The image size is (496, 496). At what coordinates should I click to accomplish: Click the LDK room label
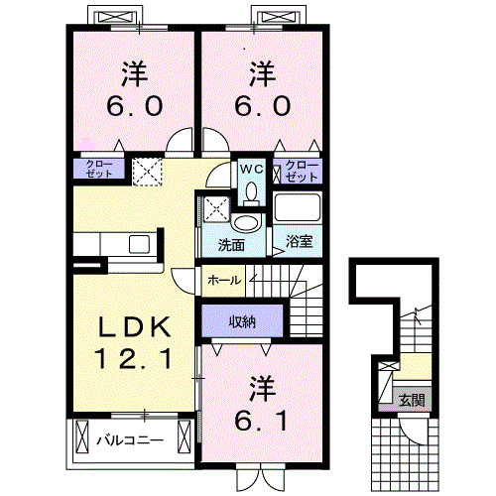134,327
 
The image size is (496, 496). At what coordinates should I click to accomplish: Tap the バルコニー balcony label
130,440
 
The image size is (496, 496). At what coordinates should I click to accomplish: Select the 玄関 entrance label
412,401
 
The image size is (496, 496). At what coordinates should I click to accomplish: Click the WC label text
252,170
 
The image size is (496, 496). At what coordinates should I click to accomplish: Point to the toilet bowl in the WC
252,193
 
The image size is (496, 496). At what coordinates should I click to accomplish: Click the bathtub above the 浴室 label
298,207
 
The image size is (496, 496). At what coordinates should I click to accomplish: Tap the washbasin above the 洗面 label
245,223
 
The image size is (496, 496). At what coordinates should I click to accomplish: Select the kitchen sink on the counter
139,244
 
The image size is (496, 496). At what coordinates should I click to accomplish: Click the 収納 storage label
242,321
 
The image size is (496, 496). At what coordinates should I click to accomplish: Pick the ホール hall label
224,281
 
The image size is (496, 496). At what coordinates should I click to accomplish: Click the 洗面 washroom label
231,245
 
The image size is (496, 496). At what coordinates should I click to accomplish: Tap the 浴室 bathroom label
299,242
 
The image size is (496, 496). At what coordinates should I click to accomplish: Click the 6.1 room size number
261,421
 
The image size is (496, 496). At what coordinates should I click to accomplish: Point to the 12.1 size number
133,359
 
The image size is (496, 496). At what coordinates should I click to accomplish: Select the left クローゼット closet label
99,169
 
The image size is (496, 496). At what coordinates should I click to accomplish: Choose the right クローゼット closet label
302,172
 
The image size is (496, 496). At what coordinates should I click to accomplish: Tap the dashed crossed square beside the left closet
147,172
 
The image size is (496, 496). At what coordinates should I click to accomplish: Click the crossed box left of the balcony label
81,436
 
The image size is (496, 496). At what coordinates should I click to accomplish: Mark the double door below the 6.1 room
261,477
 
